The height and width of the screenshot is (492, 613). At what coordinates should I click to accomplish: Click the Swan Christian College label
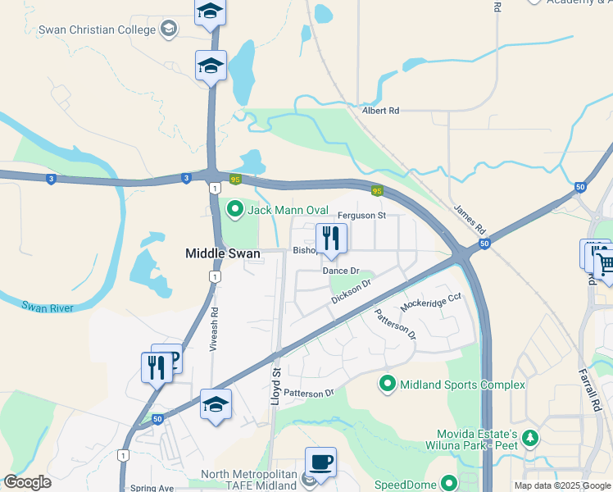click(97, 30)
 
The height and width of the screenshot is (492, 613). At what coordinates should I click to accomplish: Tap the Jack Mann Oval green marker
click(236, 210)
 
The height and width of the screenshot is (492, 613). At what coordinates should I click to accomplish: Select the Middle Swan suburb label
click(224, 255)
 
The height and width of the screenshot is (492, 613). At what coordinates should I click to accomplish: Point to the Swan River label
click(48, 307)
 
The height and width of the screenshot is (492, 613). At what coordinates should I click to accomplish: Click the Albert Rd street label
click(380, 110)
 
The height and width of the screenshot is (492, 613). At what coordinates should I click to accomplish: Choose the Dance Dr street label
click(341, 271)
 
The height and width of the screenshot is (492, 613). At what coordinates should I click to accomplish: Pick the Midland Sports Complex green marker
click(387, 384)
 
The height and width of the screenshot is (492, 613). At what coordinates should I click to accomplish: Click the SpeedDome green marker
click(447, 484)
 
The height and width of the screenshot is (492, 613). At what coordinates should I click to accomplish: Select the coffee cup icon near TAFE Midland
click(320, 462)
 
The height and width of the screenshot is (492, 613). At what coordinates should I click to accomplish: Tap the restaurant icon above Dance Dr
click(331, 239)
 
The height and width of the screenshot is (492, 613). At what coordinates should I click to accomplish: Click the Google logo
click(27, 482)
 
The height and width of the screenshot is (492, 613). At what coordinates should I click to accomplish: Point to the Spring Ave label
click(152, 488)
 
